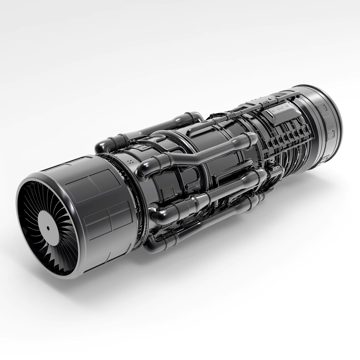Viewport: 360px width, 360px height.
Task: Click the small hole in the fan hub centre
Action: [x=48, y=228]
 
